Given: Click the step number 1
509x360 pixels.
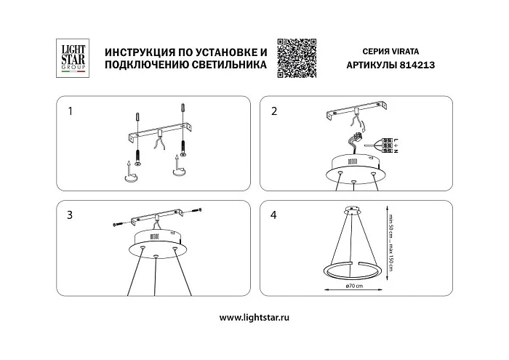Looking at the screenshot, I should point(70,112).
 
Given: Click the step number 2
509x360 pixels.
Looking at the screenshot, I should point(274,112).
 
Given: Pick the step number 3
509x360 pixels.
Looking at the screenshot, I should point(70,215).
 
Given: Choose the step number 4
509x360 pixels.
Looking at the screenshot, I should point(274,215).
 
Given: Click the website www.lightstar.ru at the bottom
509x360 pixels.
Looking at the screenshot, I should point(254,318).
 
